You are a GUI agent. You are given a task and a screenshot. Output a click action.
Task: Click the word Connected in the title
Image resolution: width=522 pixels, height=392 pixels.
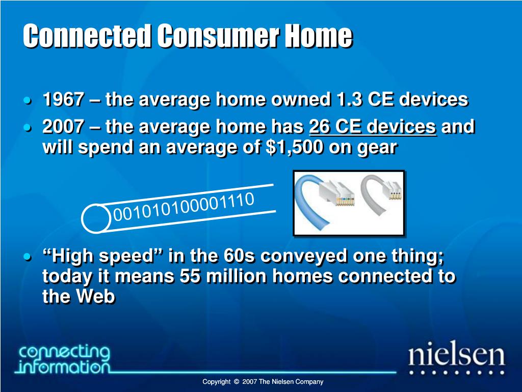(x=87, y=36)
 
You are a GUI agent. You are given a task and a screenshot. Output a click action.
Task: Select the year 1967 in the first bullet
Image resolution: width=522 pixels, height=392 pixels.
(x=63, y=99)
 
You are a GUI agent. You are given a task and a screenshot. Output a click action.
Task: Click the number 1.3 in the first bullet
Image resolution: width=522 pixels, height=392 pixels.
(x=349, y=99)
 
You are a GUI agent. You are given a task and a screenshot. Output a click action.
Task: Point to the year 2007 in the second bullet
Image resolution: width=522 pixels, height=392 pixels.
(x=63, y=127)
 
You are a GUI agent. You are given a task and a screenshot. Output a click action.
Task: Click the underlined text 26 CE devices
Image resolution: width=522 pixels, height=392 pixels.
(x=373, y=127)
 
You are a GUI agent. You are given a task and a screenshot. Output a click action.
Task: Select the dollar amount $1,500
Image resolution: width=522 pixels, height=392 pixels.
(x=294, y=147)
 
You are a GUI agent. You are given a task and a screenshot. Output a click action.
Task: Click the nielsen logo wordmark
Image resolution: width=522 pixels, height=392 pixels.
(x=457, y=355)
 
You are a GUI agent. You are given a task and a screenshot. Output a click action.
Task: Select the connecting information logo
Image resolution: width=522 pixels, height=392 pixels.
(x=64, y=359)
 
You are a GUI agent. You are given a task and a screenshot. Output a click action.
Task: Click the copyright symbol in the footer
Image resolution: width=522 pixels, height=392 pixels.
(x=237, y=382)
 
